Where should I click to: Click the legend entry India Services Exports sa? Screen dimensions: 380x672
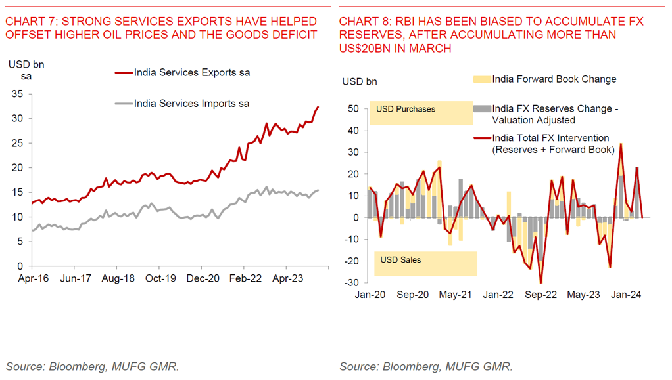tap(191, 72)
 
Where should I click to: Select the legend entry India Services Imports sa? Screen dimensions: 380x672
tap(191, 103)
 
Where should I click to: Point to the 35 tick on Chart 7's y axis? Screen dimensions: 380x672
tap(18, 95)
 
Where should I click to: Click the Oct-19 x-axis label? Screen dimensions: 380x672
tap(160, 278)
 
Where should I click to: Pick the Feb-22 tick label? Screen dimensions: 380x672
tap(245, 278)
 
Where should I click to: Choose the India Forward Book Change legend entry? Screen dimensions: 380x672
tap(554, 79)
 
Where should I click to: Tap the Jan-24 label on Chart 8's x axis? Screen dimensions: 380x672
tap(626, 295)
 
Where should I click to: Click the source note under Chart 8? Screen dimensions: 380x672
tap(426, 366)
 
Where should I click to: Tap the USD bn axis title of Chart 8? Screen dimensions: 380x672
tap(360, 82)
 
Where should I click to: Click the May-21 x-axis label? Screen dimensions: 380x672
tap(455, 295)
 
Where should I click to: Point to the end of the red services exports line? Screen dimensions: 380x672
tap(318, 107)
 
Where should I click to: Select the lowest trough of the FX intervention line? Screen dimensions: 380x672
tap(540, 283)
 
